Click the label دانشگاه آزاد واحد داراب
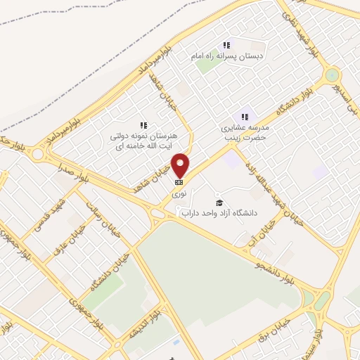(x=220, y=212)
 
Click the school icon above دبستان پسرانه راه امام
(x=227, y=44)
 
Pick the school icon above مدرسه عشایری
(x=245, y=116)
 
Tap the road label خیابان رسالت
(x=98, y=209)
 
